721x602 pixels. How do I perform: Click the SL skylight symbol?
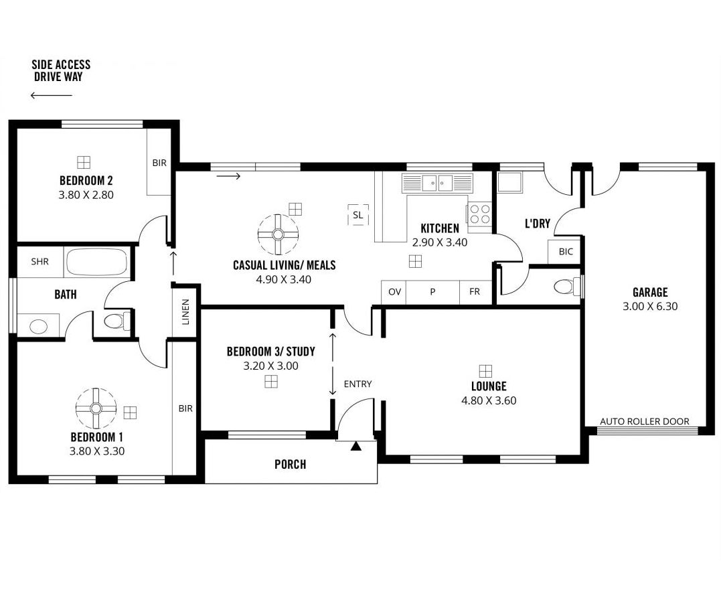[x=357, y=215]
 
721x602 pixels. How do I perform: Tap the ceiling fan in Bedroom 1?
[x=96, y=408]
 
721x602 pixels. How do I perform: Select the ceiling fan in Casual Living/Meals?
[x=278, y=234]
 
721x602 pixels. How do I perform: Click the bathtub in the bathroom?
[x=96, y=262]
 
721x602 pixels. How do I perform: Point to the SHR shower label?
[x=39, y=262]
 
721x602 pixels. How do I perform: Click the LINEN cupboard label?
[x=185, y=312]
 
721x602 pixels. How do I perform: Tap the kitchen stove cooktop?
[x=479, y=214]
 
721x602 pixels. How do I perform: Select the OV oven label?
[x=394, y=291]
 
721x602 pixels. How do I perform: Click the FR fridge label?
[x=475, y=291]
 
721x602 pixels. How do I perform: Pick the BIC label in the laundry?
[x=566, y=252]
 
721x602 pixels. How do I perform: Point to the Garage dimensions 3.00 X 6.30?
[x=650, y=306]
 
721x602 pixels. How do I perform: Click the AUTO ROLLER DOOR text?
[x=645, y=421]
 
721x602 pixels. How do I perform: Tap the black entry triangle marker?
[x=356, y=445]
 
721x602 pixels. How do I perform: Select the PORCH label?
[x=290, y=465]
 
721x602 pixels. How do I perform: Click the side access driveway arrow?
[x=52, y=95]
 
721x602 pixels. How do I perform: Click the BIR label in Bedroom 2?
[x=159, y=163]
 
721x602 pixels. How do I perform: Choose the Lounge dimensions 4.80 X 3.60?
[x=489, y=400]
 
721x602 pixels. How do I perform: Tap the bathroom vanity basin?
[x=38, y=327]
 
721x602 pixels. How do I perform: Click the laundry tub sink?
[x=509, y=181]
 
